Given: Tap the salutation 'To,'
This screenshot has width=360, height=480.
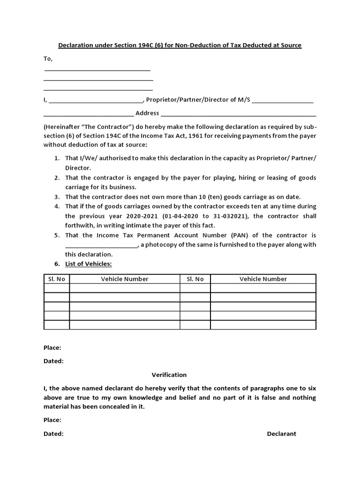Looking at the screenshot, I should point(48,59).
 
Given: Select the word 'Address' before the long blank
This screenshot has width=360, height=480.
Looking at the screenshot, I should point(147,113).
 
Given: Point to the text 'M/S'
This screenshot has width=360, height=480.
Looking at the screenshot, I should point(244,100).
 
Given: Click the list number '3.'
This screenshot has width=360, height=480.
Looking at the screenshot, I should point(56,196).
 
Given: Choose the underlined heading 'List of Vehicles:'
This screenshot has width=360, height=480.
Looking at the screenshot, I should point(89,264).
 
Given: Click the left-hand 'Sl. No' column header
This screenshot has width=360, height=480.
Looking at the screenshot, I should point(57,278).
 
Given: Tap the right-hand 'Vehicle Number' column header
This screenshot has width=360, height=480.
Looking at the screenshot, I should point(263,278).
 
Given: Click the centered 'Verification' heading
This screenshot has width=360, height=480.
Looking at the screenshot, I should point(169,375).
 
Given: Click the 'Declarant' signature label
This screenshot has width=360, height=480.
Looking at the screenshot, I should point(281,434).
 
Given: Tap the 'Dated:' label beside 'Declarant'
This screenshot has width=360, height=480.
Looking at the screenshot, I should point(53,434).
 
